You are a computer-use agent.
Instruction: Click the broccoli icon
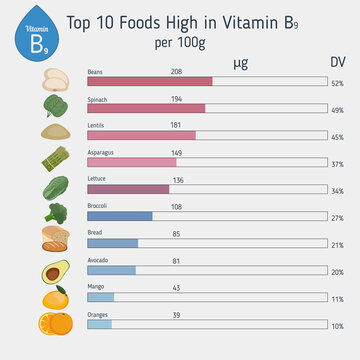pyautogui.click(x=55, y=213)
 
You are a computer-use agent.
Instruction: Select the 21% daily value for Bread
pyautogui.click(x=337, y=245)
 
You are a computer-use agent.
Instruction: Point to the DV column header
pyautogui.click(x=338, y=63)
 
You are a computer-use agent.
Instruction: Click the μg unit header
pyautogui.click(x=241, y=63)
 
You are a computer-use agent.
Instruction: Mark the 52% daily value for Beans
pyautogui.click(x=337, y=83)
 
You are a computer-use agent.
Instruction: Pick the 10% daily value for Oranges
pyautogui.click(x=337, y=326)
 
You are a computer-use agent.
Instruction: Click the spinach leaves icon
pyautogui.click(x=54, y=105)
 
